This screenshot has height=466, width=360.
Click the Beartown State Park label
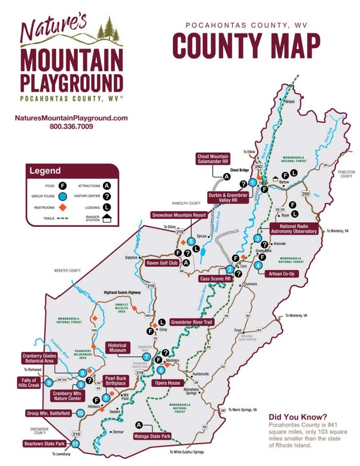pos(43,443)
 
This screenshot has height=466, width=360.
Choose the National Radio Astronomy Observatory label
pos(298,229)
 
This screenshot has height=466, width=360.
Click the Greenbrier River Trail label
pos(191,322)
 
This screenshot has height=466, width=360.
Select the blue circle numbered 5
pos(191,241)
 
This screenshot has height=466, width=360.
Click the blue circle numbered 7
pos(147,356)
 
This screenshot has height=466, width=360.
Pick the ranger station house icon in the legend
pos(107,219)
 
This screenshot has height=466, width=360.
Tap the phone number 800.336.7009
pos(71,126)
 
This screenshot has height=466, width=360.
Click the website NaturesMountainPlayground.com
pos(71,118)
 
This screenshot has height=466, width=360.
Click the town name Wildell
pos(292,101)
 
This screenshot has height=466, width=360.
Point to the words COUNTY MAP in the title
pos(246,45)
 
